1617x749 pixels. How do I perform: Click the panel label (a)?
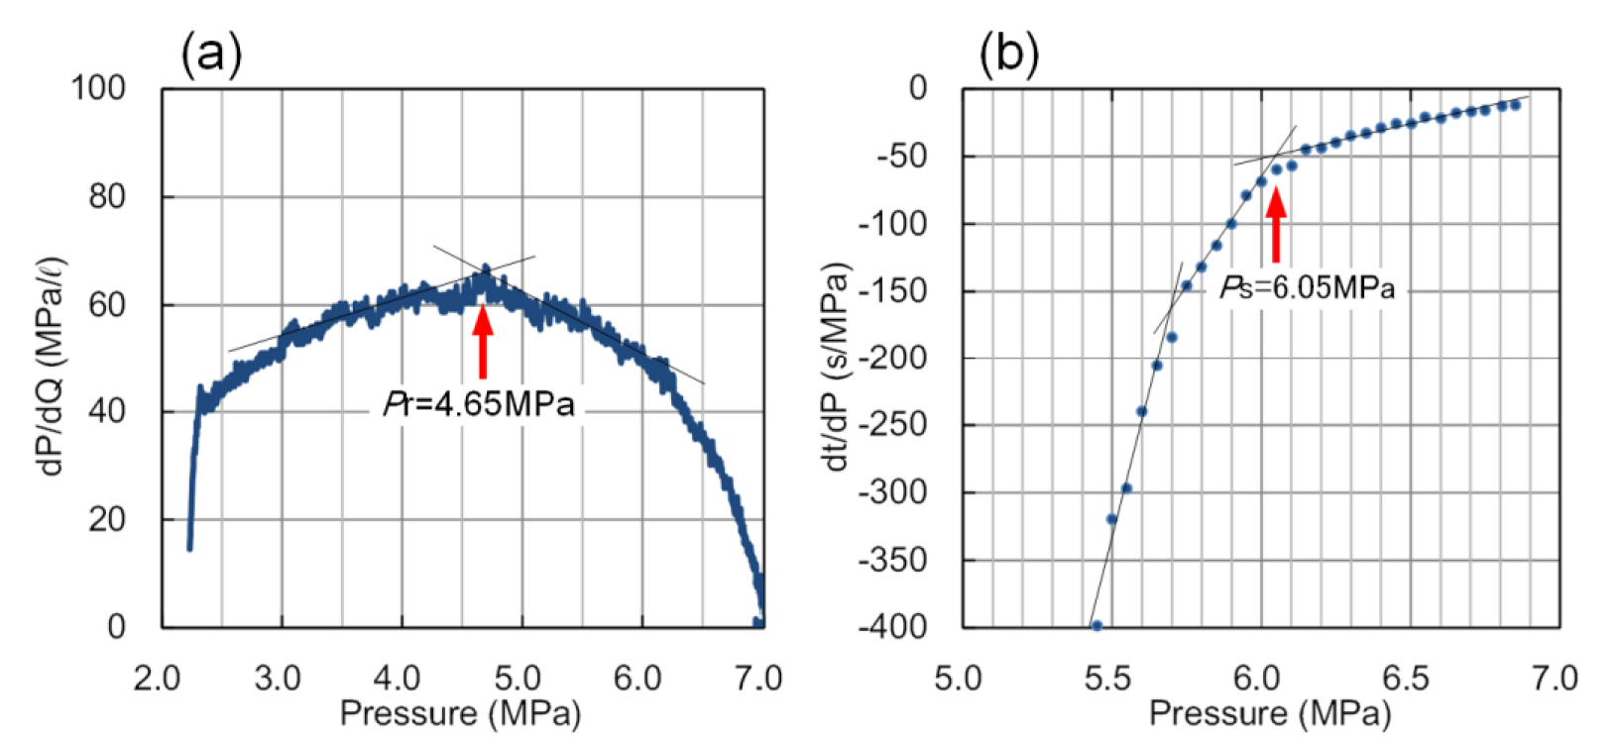pos(211,54)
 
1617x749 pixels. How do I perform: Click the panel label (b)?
pos(1008,54)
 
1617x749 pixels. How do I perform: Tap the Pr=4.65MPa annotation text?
pos(479,405)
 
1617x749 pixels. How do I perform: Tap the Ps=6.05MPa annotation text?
pos(1307,288)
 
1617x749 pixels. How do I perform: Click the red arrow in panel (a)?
pos(483,342)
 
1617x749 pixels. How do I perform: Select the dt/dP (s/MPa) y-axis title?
pos(839,367)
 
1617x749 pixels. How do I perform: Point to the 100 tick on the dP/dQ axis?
pos(98,88)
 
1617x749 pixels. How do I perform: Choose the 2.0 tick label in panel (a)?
pos(158,680)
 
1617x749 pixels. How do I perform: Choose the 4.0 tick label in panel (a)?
pos(399,680)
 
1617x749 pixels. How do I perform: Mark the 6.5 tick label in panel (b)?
pos(1408,680)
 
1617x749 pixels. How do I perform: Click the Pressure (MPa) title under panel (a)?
pos(460,713)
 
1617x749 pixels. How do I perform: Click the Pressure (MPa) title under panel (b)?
pos(1270,713)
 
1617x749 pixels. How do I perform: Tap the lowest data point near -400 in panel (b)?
pos(1097,625)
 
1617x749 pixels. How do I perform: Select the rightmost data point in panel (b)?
pos(1515,104)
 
